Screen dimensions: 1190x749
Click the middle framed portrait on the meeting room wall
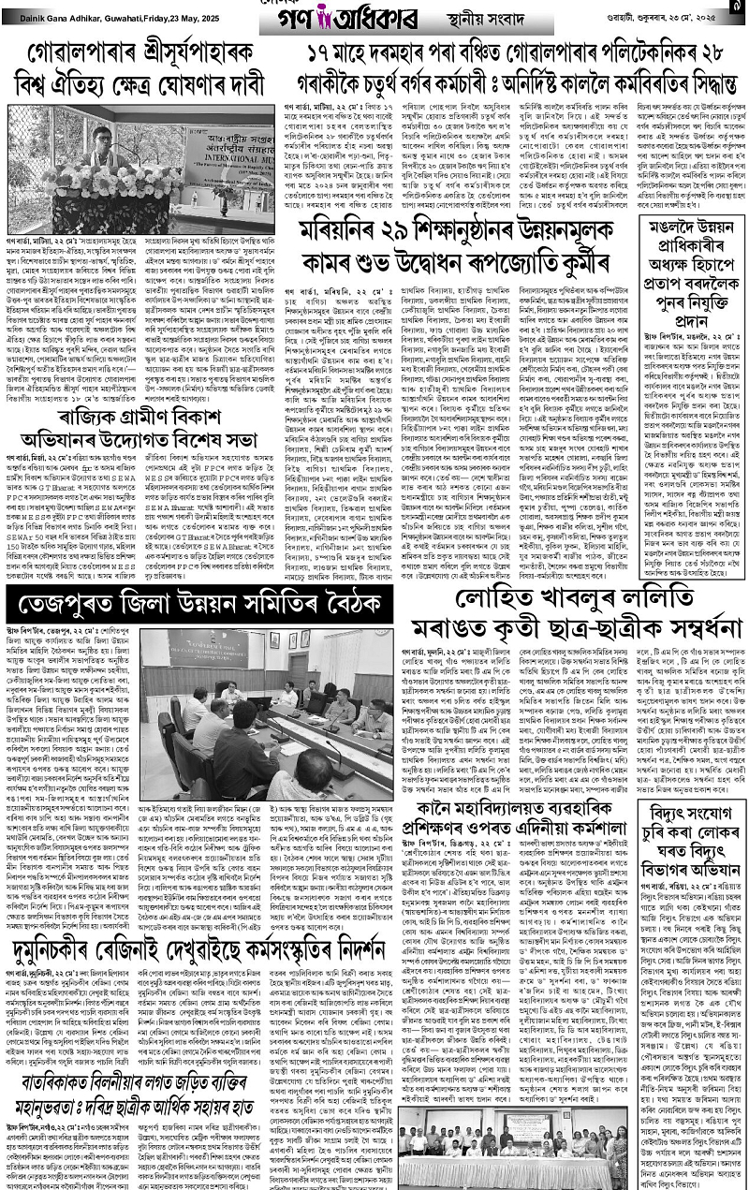click(x=293, y=639)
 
